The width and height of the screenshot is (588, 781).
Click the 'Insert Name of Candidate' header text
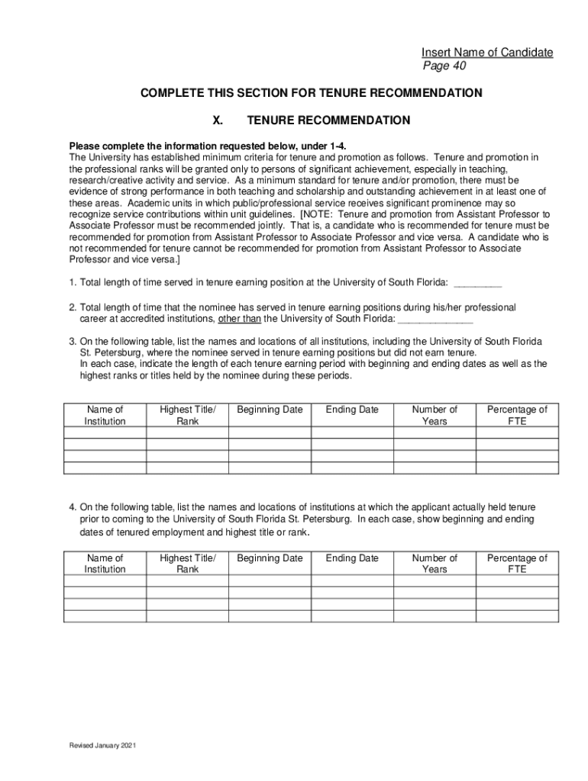tap(487, 53)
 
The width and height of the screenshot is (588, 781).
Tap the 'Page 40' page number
tap(444, 66)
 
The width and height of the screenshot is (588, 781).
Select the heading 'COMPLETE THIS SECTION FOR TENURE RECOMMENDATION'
tap(311, 93)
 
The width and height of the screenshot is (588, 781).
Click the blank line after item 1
tap(477, 283)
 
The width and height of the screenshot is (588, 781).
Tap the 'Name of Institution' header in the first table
tap(105, 416)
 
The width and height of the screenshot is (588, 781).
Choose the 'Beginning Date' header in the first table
tap(270, 410)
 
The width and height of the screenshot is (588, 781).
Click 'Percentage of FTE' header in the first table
tap(517, 416)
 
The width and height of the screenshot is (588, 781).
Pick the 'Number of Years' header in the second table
tap(435, 564)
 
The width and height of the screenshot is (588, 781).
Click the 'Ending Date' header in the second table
tap(352, 558)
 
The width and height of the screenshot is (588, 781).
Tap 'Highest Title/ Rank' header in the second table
tap(188, 564)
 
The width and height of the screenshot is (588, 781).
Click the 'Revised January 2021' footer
tap(103, 745)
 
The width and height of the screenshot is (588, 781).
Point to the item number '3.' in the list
tap(73, 341)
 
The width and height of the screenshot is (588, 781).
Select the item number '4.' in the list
tap(73, 507)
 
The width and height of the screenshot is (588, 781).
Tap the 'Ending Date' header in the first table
tap(352, 410)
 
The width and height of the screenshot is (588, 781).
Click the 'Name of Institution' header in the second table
tap(105, 564)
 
